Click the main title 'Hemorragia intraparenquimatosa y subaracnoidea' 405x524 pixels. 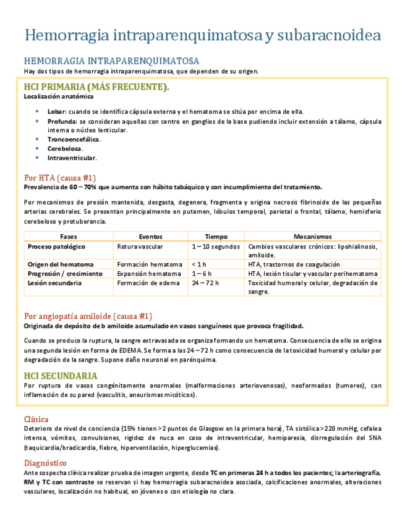202,35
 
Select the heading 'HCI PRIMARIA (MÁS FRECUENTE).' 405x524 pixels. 96,87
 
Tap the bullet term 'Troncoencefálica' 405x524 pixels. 74,139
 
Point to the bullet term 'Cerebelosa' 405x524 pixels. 64,148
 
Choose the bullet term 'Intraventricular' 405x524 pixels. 72,158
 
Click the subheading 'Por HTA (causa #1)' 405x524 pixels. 59,178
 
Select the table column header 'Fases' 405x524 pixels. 69,237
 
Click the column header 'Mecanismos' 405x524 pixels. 312,237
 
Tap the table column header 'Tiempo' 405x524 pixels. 216,237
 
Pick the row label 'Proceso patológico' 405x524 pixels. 56,246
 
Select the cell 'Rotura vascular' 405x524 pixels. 141,246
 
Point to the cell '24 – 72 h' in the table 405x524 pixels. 205,283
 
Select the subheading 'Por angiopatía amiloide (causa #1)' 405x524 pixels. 88,316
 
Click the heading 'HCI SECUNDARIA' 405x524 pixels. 60,376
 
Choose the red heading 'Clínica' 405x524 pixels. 36,419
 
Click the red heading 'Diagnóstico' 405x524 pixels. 45,463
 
